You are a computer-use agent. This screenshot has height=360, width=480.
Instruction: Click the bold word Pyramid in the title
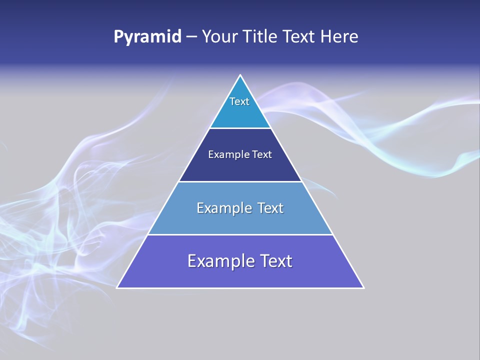coord(147,37)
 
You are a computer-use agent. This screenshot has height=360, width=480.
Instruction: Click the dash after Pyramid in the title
coord(191,37)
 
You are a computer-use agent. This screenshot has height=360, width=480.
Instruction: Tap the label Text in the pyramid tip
coord(239,101)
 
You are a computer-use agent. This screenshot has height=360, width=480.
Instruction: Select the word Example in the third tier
coord(223,208)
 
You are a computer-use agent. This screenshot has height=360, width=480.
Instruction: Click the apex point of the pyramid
coord(240,75)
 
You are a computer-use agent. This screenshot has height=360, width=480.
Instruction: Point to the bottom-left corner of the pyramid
coord(117,287)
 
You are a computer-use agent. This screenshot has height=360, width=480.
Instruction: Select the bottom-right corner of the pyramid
coord(363,287)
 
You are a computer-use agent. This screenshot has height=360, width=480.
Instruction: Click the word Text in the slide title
coord(299,37)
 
